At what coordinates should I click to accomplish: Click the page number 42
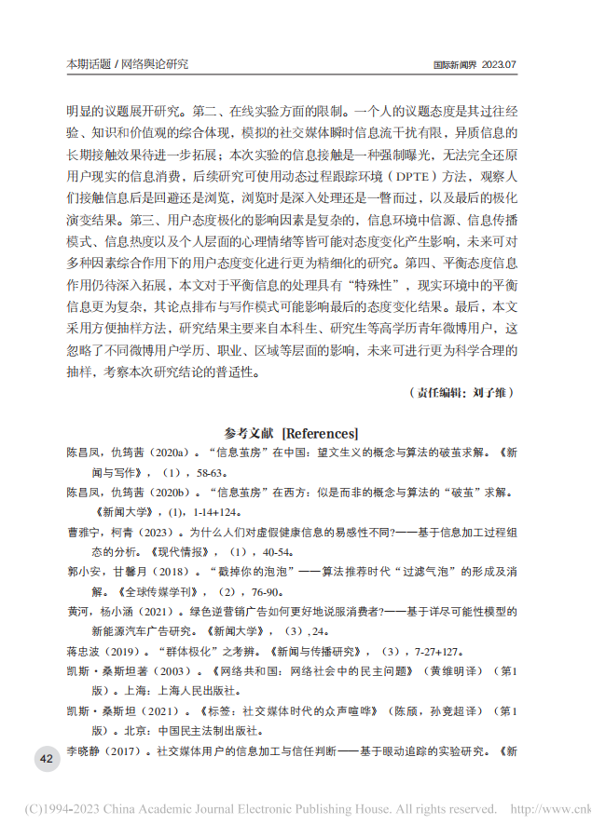click(46, 759)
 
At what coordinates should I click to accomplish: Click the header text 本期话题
click(88, 64)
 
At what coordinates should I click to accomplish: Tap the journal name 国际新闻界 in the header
click(456, 65)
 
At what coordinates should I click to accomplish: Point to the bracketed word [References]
click(320, 433)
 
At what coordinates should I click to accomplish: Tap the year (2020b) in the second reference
click(166, 492)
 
